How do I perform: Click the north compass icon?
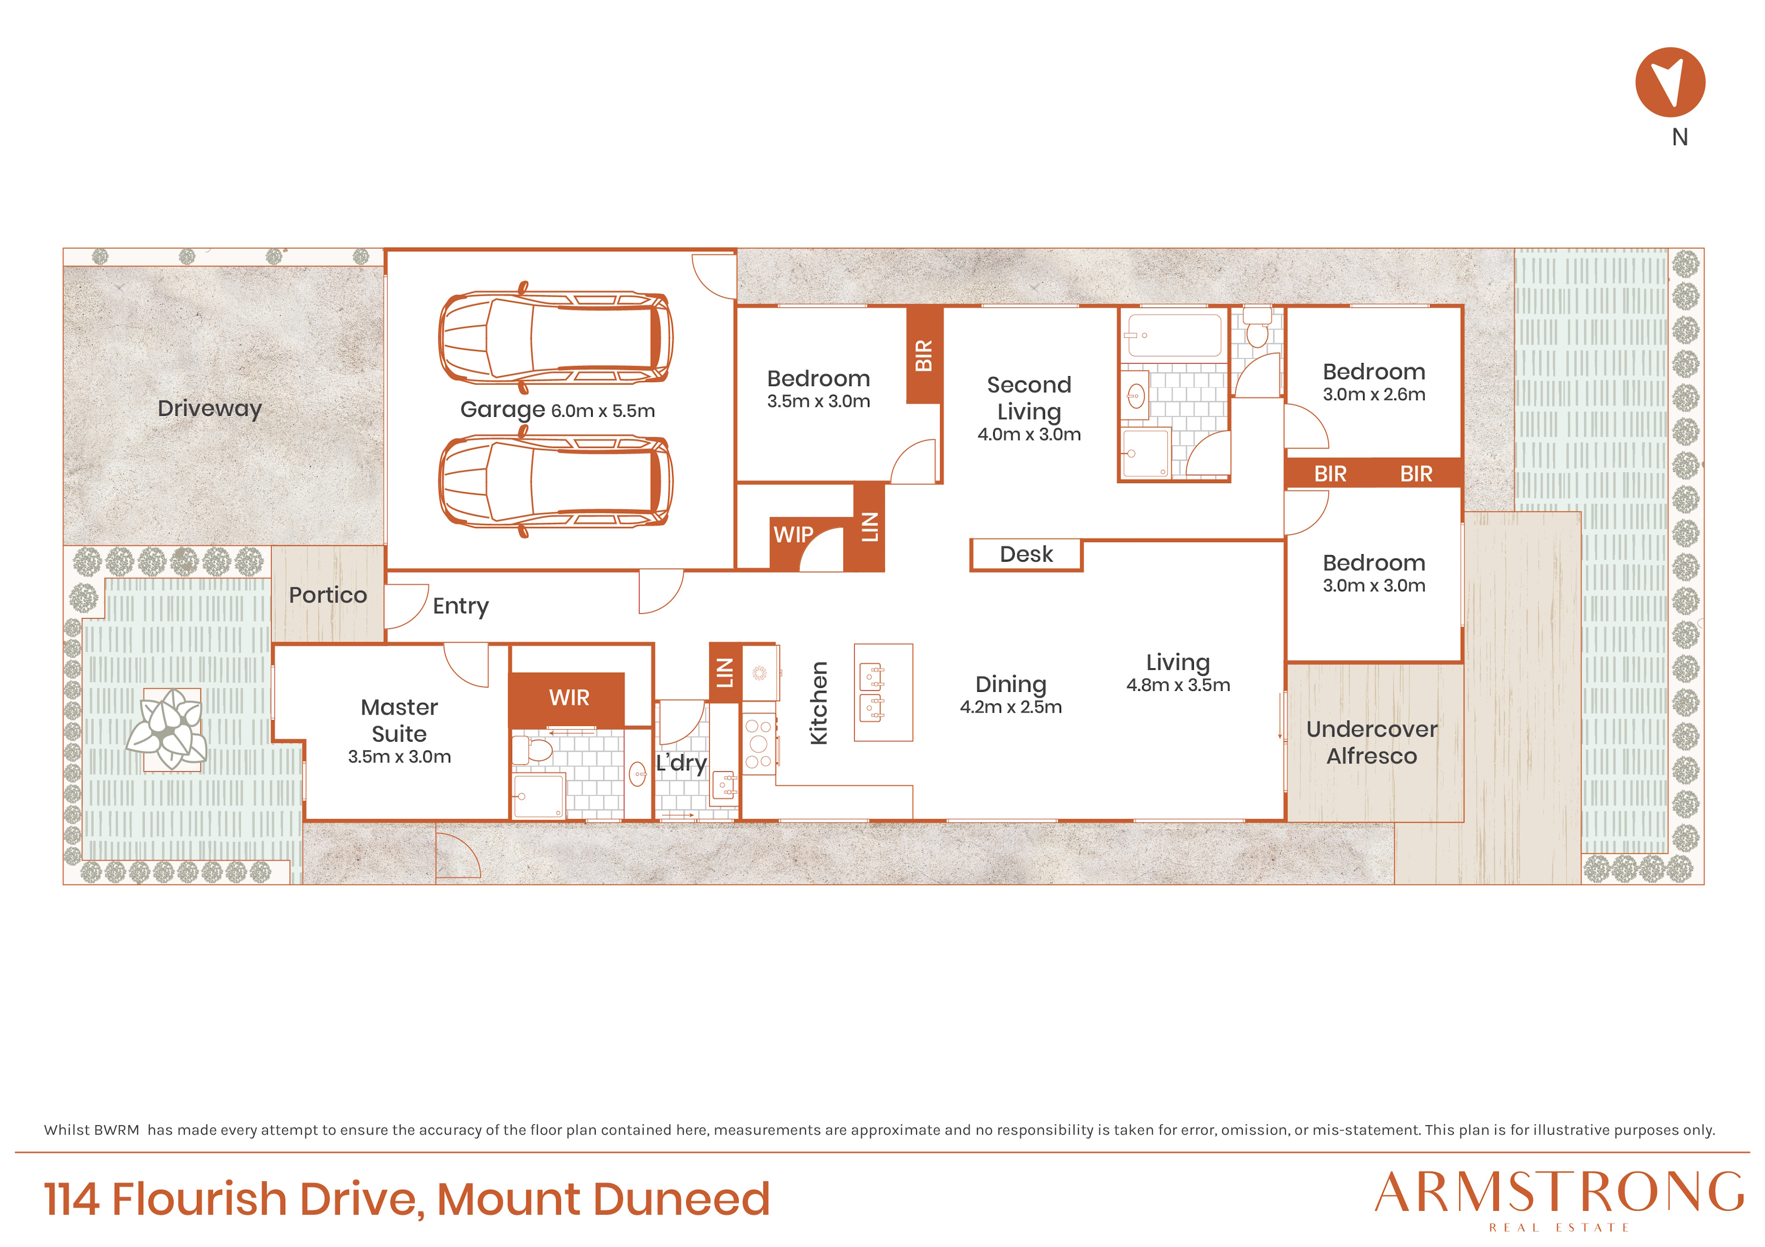[x=1670, y=82]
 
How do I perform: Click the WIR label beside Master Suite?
[x=569, y=697]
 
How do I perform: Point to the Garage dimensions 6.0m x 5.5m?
[x=603, y=411]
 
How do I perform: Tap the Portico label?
[x=328, y=595]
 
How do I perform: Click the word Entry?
[x=460, y=606]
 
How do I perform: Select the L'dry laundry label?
[x=681, y=763]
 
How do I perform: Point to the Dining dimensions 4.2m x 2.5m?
[x=1011, y=707]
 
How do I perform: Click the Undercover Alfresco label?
[x=1372, y=742]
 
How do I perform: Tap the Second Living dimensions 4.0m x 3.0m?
[x=1029, y=435]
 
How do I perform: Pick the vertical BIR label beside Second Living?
[x=924, y=355]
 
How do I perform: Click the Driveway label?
[x=210, y=409]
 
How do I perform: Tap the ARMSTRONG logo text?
[x=1559, y=1193]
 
